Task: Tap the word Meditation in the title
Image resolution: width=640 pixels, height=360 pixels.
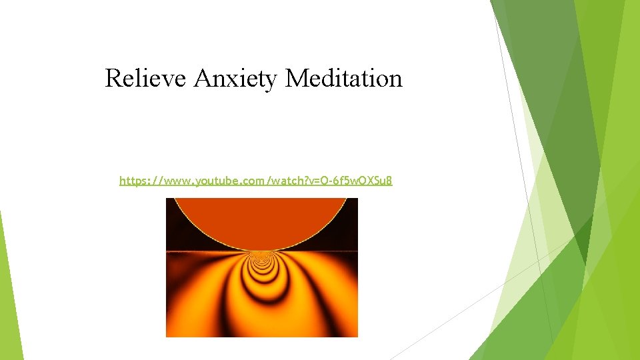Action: tap(344, 79)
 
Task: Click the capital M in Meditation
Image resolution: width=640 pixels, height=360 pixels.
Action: tap(295, 79)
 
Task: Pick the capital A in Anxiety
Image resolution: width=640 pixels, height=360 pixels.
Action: tap(201, 79)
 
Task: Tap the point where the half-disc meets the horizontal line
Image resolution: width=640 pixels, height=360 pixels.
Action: tap(261, 251)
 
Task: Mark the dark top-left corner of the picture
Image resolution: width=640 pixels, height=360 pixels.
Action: tap(171, 202)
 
